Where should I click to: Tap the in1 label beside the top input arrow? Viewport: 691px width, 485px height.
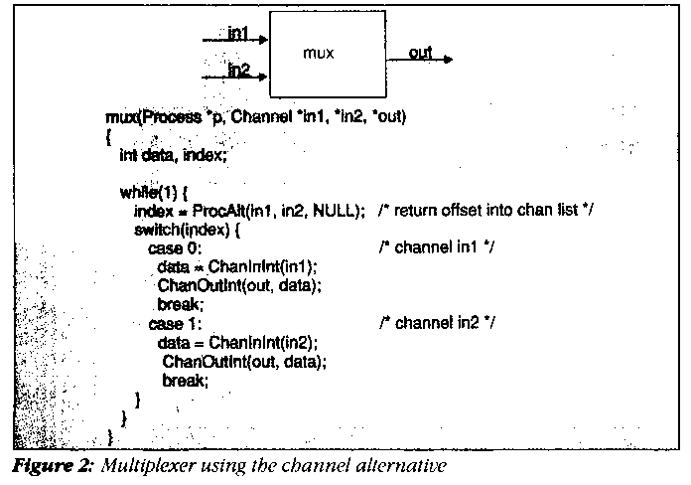238,34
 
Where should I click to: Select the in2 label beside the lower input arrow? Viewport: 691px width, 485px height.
238,69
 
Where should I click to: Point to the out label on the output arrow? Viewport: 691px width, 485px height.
420,53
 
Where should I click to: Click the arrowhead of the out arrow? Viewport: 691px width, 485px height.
448,59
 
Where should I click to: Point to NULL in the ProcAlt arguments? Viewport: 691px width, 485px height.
333,211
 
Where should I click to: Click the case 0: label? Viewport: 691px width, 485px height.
175,247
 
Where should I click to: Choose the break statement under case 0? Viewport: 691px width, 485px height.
180,304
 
